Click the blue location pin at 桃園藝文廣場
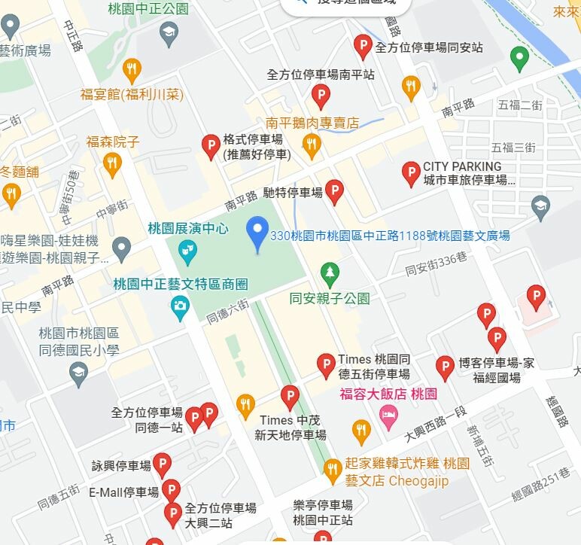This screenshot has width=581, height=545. (x=258, y=233)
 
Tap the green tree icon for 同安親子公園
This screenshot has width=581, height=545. (x=329, y=274)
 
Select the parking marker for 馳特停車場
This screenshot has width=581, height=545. (x=334, y=193)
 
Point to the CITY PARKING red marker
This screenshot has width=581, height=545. (x=411, y=174)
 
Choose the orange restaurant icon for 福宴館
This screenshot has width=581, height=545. (x=132, y=70)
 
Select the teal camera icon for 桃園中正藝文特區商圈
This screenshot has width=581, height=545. (x=179, y=306)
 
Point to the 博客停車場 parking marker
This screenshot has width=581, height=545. (x=446, y=367)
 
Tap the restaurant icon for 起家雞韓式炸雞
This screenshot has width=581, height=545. (x=333, y=470)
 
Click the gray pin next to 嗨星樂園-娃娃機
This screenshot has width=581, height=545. (x=122, y=248)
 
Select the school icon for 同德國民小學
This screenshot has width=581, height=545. (x=78, y=372)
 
